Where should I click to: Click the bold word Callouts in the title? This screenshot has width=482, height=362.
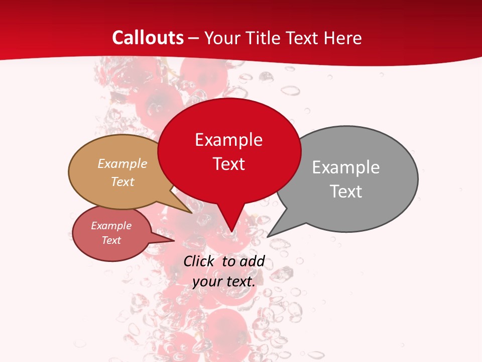tap(148, 38)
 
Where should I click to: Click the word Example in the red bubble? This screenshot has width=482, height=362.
tap(229, 140)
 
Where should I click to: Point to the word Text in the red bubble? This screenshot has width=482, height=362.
tap(229, 164)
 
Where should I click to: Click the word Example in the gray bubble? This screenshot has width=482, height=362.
tap(346, 167)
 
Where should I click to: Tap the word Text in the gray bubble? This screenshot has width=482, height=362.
tap(346, 192)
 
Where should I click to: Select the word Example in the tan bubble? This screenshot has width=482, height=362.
tap(123, 163)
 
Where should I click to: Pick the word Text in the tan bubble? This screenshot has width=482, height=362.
tap(123, 182)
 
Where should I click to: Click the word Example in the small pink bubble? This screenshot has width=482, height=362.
tap(111, 226)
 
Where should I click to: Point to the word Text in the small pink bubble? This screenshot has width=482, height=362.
tap(111, 240)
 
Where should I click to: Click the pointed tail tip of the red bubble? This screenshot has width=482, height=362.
tap(231, 232)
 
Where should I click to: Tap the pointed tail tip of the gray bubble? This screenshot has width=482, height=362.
tap(267, 237)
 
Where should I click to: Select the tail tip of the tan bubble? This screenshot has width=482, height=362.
tap(192, 213)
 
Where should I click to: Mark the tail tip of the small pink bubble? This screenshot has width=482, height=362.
tap(174, 240)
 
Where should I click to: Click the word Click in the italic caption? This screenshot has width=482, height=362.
tap(198, 261)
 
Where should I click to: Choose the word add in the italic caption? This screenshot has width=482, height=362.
tap(252, 261)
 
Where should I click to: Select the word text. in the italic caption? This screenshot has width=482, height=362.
tap(239, 282)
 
